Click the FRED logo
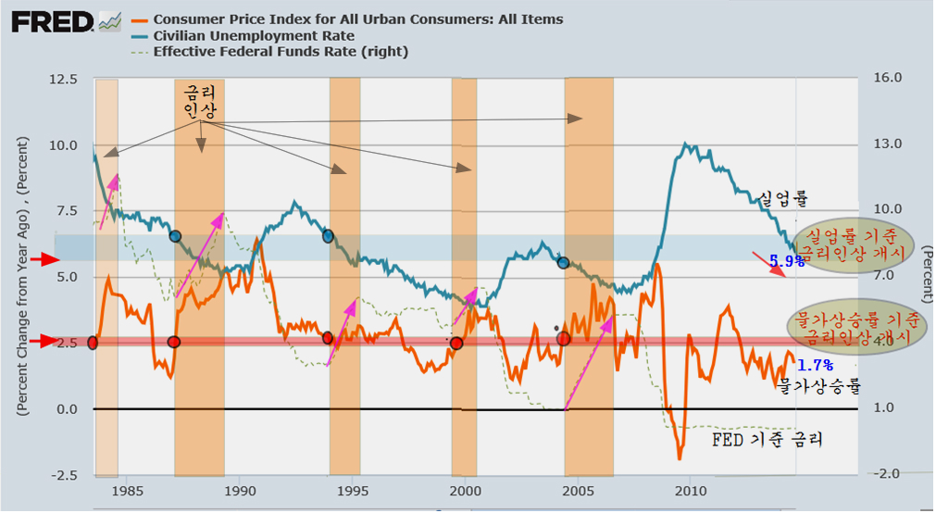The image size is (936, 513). coord(52,21)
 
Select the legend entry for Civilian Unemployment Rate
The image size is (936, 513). coord(242,35)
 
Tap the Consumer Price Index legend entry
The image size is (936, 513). coord(356,19)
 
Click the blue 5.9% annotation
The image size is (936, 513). coord(787,262)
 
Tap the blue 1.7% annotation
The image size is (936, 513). coord(815,365)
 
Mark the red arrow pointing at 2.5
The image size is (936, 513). coord(43,343)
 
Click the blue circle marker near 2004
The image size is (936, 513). coord(564,264)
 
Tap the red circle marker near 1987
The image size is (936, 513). coord(174,342)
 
